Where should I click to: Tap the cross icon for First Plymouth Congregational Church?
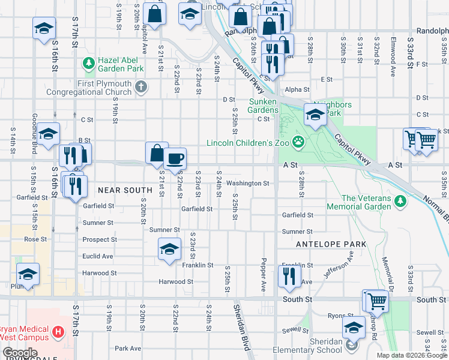click(x=141, y=88)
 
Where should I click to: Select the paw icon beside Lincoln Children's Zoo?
click(x=298, y=142)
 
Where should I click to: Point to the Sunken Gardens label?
click(x=263, y=106)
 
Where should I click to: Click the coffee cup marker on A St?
click(x=175, y=158)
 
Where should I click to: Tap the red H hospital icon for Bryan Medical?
click(x=58, y=331)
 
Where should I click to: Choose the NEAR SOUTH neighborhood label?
click(x=125, y=190)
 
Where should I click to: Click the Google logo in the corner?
click(x=20, y=353)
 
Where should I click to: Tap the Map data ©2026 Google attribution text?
click(x=411, y=355)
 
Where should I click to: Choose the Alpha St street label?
click(x=297, y=89)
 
